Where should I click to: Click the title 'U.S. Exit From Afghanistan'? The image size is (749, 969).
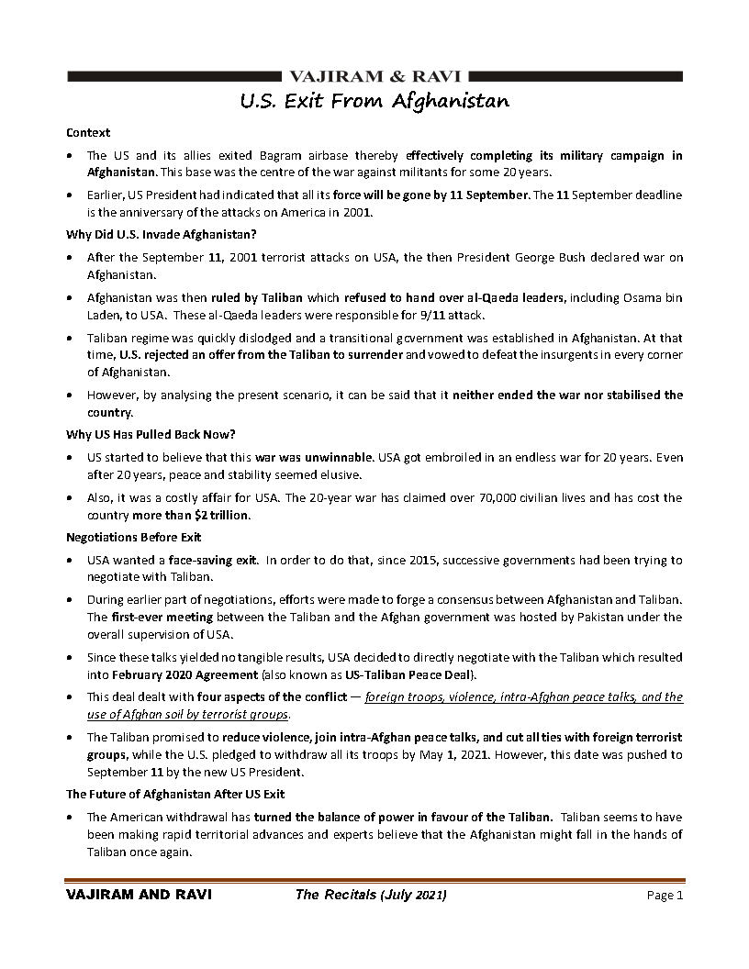pyautogui.click(x=374, y=100)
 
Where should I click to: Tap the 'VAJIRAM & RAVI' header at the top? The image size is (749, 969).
pyautogui.click(x=374, y=76)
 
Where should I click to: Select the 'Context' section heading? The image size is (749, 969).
pyautogui.click(x=88, y=132)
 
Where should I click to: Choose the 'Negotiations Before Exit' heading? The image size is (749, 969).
pyautogui.click(x=134, y=537)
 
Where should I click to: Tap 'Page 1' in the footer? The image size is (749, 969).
pyautogui.click(x=665, y=896)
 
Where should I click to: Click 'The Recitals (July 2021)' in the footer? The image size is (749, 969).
pyautogui.click(x=371, y=896)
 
